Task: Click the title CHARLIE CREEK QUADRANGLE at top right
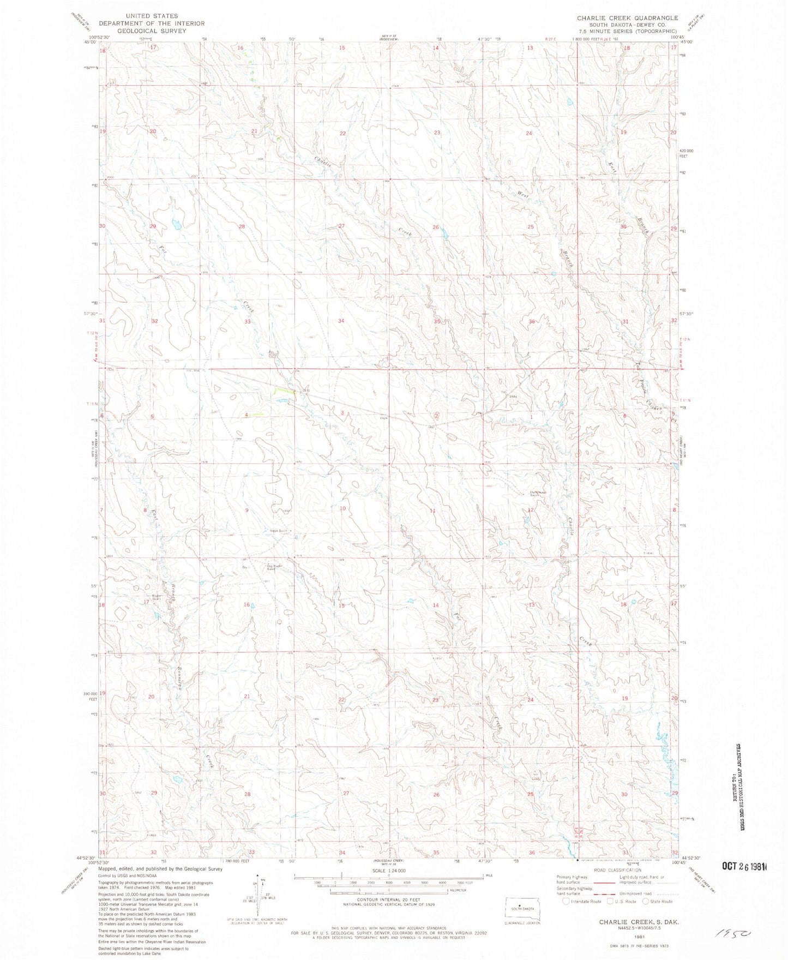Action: (x=627, y=18)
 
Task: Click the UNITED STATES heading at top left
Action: (x=152, y=16)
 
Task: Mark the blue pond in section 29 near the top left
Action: (x=176, y=223)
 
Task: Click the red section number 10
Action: (x=342, y=508)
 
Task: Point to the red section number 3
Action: (x=342, y=413)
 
